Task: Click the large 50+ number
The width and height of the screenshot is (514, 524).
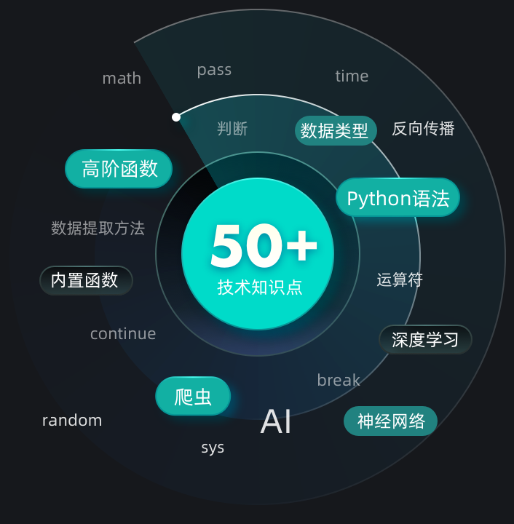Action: (x=264, y=246)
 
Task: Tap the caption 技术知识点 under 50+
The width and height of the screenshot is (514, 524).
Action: (x=259, y=287)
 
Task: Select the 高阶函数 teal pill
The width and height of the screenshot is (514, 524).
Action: (x=119, y=169)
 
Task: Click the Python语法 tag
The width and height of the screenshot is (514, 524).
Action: (x=398, y=198)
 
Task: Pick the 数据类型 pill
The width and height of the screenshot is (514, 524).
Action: (x=336, y=131)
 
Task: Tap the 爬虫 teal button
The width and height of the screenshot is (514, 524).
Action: (x=193, y=397)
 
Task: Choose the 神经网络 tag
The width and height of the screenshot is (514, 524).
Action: (x=390, y=421)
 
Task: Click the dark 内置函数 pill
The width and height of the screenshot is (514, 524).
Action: (x=86, y=280)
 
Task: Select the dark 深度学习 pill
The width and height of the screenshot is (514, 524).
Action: (x=425, y=339)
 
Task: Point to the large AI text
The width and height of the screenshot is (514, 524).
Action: (x=276, y=421)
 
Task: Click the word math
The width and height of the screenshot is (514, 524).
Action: (x=122, y=79)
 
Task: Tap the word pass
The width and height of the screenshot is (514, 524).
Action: (x=214, y=70)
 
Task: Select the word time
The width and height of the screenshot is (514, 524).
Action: (x=352, y=76)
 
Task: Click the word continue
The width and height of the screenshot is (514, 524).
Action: (x=123, y=334)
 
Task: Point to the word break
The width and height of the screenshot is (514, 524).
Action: (x=339, y=380)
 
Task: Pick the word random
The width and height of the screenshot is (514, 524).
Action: (x=72, y=421)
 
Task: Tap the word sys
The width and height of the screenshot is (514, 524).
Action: (x=213, y=448)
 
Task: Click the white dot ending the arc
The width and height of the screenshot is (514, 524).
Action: (x=176, y=116)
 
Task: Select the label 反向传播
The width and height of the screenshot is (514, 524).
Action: (x=423, y=129)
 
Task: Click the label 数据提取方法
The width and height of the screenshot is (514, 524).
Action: (x=98, y=229)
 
